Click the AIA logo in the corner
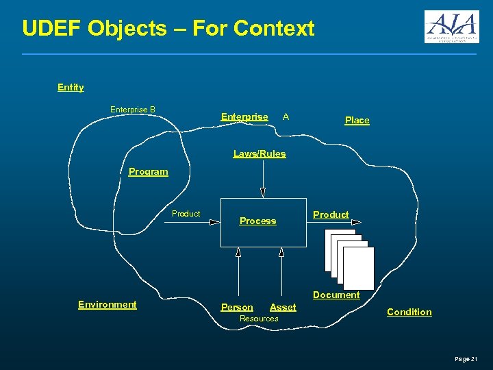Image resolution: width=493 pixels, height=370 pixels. pyautogui.click(x=451, y=27)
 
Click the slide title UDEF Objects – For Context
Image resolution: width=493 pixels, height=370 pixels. pyautogui.click(x=168, y=28)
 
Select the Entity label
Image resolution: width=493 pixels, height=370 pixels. pyautogui.click(x=71, y=87)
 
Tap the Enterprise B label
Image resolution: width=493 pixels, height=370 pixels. pyautogui.click(x=133, y=110)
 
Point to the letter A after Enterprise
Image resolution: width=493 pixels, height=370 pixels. pyautogui.click(x=286, y=116)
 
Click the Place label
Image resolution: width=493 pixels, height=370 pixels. pyautogui.click(x=357, y=120)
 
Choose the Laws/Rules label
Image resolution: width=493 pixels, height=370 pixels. pyautogui.click(x=260, y=153)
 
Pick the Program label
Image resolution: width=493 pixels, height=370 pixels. pyautogui.click(x=148, y=172)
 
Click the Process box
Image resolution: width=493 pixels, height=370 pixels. pyautogui.click(x=263, y=222)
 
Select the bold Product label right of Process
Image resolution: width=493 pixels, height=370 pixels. pyautogui.click(x=331, y=214)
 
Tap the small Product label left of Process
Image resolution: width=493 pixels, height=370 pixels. pyautogui.click(x=186, y=214)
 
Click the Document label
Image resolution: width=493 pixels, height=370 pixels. pyautogui.click(x=336, y=295)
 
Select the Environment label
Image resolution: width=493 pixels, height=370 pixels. pyautogui.click(x=108, y=304)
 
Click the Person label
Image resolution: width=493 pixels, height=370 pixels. pyautogui.click(x=237, y=307)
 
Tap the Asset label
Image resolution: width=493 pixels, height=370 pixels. pyautogui.click(x=283, y=307)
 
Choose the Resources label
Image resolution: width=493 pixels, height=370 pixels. pyautogui.click(x=259, y=318)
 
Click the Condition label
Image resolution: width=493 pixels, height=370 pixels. pyautogui.click(x=409, y=312)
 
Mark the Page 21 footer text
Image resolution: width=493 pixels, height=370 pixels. pyautogui.click(x=466, y=358)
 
